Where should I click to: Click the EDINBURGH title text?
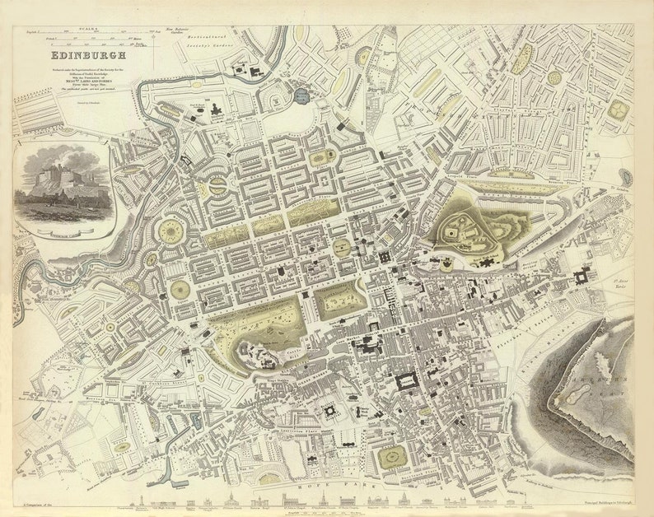[88, 57]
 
